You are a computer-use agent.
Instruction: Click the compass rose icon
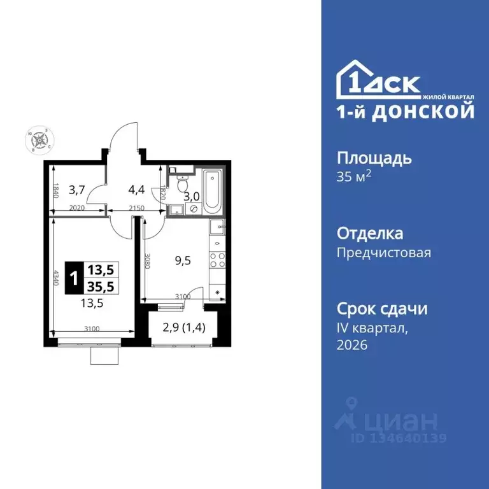(39, 139)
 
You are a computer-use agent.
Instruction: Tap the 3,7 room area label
(76, 188)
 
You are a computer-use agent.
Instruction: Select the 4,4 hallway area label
(137, 188)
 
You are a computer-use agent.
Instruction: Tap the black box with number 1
(74, 278)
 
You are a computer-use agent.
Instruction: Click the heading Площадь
(374, 158)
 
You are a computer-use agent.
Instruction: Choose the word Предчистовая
(383, 253)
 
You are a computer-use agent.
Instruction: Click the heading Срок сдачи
(381, 309)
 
